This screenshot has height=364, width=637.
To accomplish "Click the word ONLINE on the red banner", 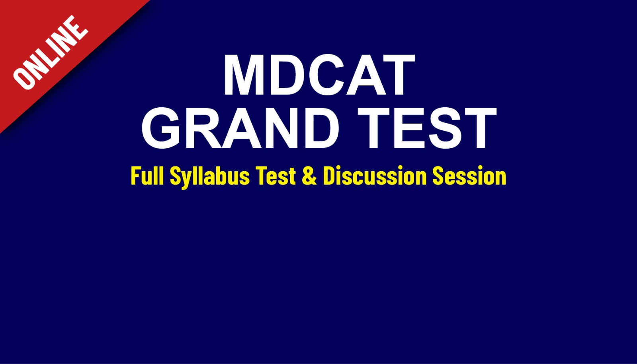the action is tap(50, 52).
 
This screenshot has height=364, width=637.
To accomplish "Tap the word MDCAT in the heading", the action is tap(319, 75).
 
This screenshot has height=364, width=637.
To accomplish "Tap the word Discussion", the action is tap(375, 176).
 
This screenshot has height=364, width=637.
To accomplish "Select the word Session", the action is tap(469, 176).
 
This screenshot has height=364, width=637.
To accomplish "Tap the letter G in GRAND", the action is tap(161, 128).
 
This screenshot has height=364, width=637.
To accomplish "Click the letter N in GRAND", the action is tap(278, 128).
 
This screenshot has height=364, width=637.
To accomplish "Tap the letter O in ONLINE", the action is tap(23, 79).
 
